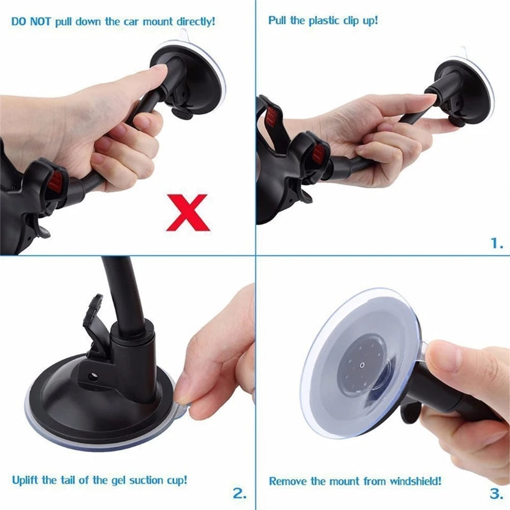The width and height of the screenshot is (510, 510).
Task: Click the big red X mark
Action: (188, 212)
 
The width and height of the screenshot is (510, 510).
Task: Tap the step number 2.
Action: (239, 492)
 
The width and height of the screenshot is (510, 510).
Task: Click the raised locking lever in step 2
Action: (94, 319)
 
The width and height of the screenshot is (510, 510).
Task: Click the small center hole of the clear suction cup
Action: (362, 365)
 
